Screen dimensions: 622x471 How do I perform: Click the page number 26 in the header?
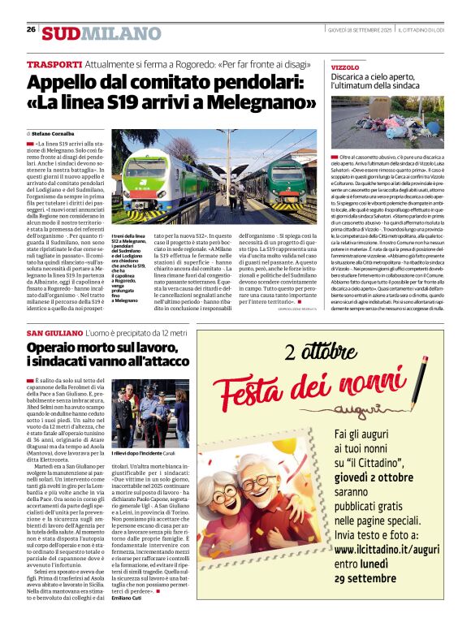(x=31, y=29)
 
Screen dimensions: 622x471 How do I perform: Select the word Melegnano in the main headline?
(x=266, y=104)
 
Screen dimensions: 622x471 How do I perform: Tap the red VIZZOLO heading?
(x=344, y=67)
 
